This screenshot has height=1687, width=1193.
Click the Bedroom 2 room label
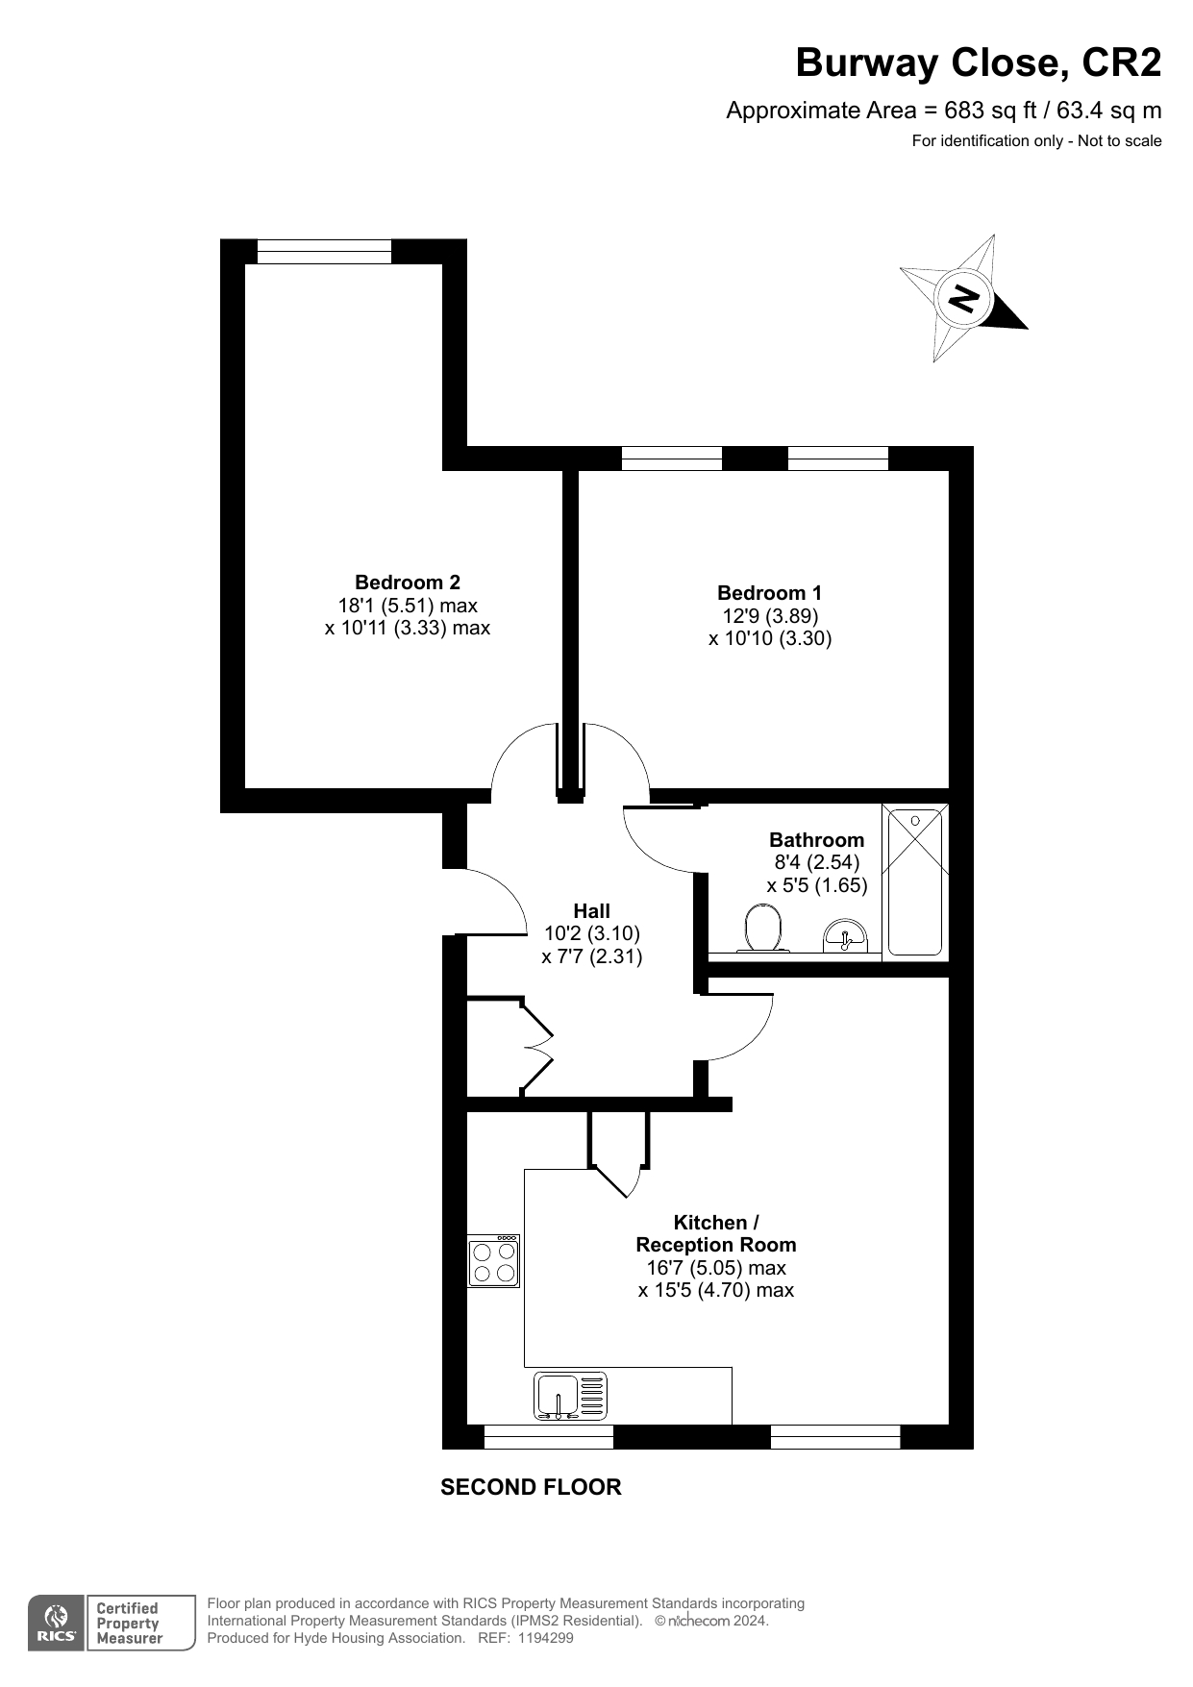[408, 583]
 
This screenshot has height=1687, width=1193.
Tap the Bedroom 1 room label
[769, 593]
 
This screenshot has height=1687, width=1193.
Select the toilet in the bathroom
[763, 930]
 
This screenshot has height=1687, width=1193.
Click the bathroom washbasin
[845, 934]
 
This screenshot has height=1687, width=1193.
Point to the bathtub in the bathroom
[914, 881]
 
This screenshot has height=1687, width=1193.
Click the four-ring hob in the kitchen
[494, 1261]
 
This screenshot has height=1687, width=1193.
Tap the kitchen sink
[571, 1396]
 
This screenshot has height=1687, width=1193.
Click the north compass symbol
[963, 298]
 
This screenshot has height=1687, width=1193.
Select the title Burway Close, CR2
[979, 63]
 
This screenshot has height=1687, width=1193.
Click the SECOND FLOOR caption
[531, 1487]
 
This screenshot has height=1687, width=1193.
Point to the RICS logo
[57, 1623]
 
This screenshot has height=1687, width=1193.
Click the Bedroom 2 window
[325, 251]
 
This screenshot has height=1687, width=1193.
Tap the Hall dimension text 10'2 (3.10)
[592, 933]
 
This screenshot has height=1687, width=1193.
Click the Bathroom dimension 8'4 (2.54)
[817, 862]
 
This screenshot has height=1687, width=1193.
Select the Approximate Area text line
[944, 111]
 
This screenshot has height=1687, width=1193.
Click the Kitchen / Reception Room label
[716, 1233]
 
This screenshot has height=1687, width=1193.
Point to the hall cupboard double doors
[537, 1048]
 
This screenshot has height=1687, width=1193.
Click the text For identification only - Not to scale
[1037, 141]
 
